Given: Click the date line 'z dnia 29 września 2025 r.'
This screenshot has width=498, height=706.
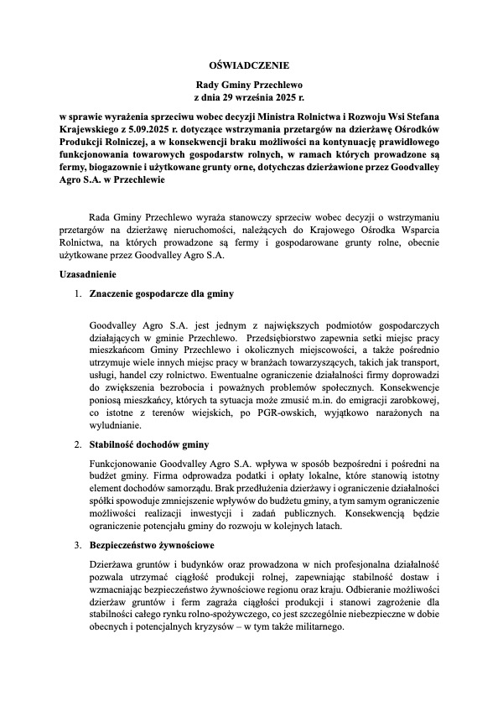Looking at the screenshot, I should (248, 98).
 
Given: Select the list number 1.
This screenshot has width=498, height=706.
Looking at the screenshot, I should (77, 294).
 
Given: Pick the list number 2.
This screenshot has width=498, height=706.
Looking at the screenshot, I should (77, 444).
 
